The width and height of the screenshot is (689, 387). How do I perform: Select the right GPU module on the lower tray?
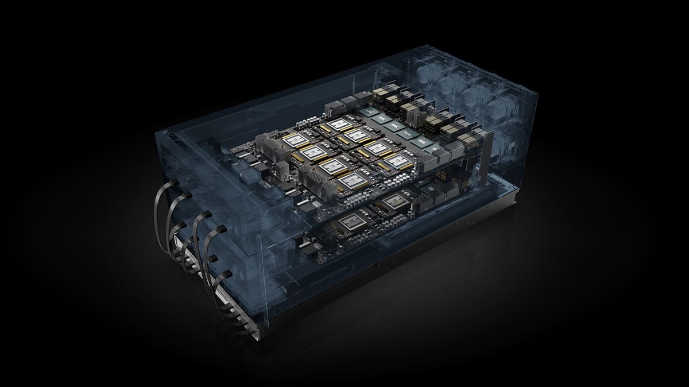397,201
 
